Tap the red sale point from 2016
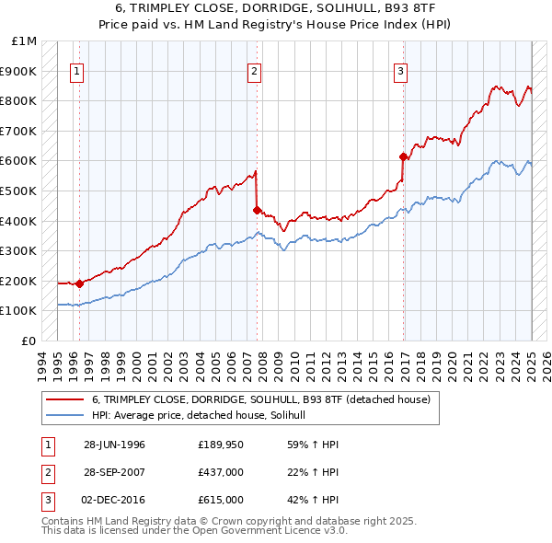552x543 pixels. pyautogui.click(x=403, y=156)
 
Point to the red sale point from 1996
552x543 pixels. pyautogui.click(x=79, y=283)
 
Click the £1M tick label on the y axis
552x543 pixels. pyautogui.click(x=26, y=40)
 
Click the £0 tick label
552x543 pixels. pyautogui.click(x=29, y=341)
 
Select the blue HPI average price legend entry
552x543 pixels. pyautogui.click(x=203, y=415)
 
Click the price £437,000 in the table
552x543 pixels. pyautogui.click(x=220, y=472)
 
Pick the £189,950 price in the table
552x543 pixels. pyautogui.click(x=220, y=445)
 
